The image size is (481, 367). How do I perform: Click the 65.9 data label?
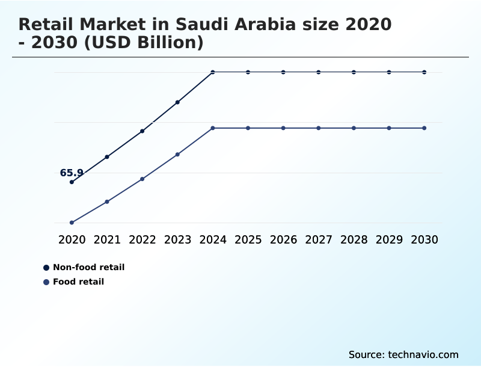[x=72, y=173]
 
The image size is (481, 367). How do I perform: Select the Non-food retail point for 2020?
[x=72, y=182]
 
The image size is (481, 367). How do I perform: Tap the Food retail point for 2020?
[x=72, y=223]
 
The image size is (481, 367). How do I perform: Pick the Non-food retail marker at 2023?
[x=177, y=102]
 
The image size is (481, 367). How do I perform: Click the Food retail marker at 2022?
[x=142, y=179]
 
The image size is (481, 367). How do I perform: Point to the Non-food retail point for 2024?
[x=213, y=72]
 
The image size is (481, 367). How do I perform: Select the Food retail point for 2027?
[x=319, y=128]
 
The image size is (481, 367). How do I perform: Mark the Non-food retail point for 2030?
[x=424, y=72]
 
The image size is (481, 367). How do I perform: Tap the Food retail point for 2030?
[x=424, y=128]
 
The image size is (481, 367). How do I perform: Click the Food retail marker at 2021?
[x=107, y=202]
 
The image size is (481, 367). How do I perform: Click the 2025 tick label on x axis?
[x=248, y=239]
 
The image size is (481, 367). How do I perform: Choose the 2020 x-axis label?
[x=72, y=239]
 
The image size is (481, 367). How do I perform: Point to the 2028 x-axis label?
[x=354, y=239]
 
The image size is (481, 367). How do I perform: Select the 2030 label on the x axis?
[x=424, y=239]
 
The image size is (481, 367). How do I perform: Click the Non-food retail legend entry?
[x=88, y=267]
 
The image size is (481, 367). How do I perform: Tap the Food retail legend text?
[x=78, y=282]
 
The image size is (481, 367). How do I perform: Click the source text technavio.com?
[x=423, y=354]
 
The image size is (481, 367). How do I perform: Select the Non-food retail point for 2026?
[x=283, y=72]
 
